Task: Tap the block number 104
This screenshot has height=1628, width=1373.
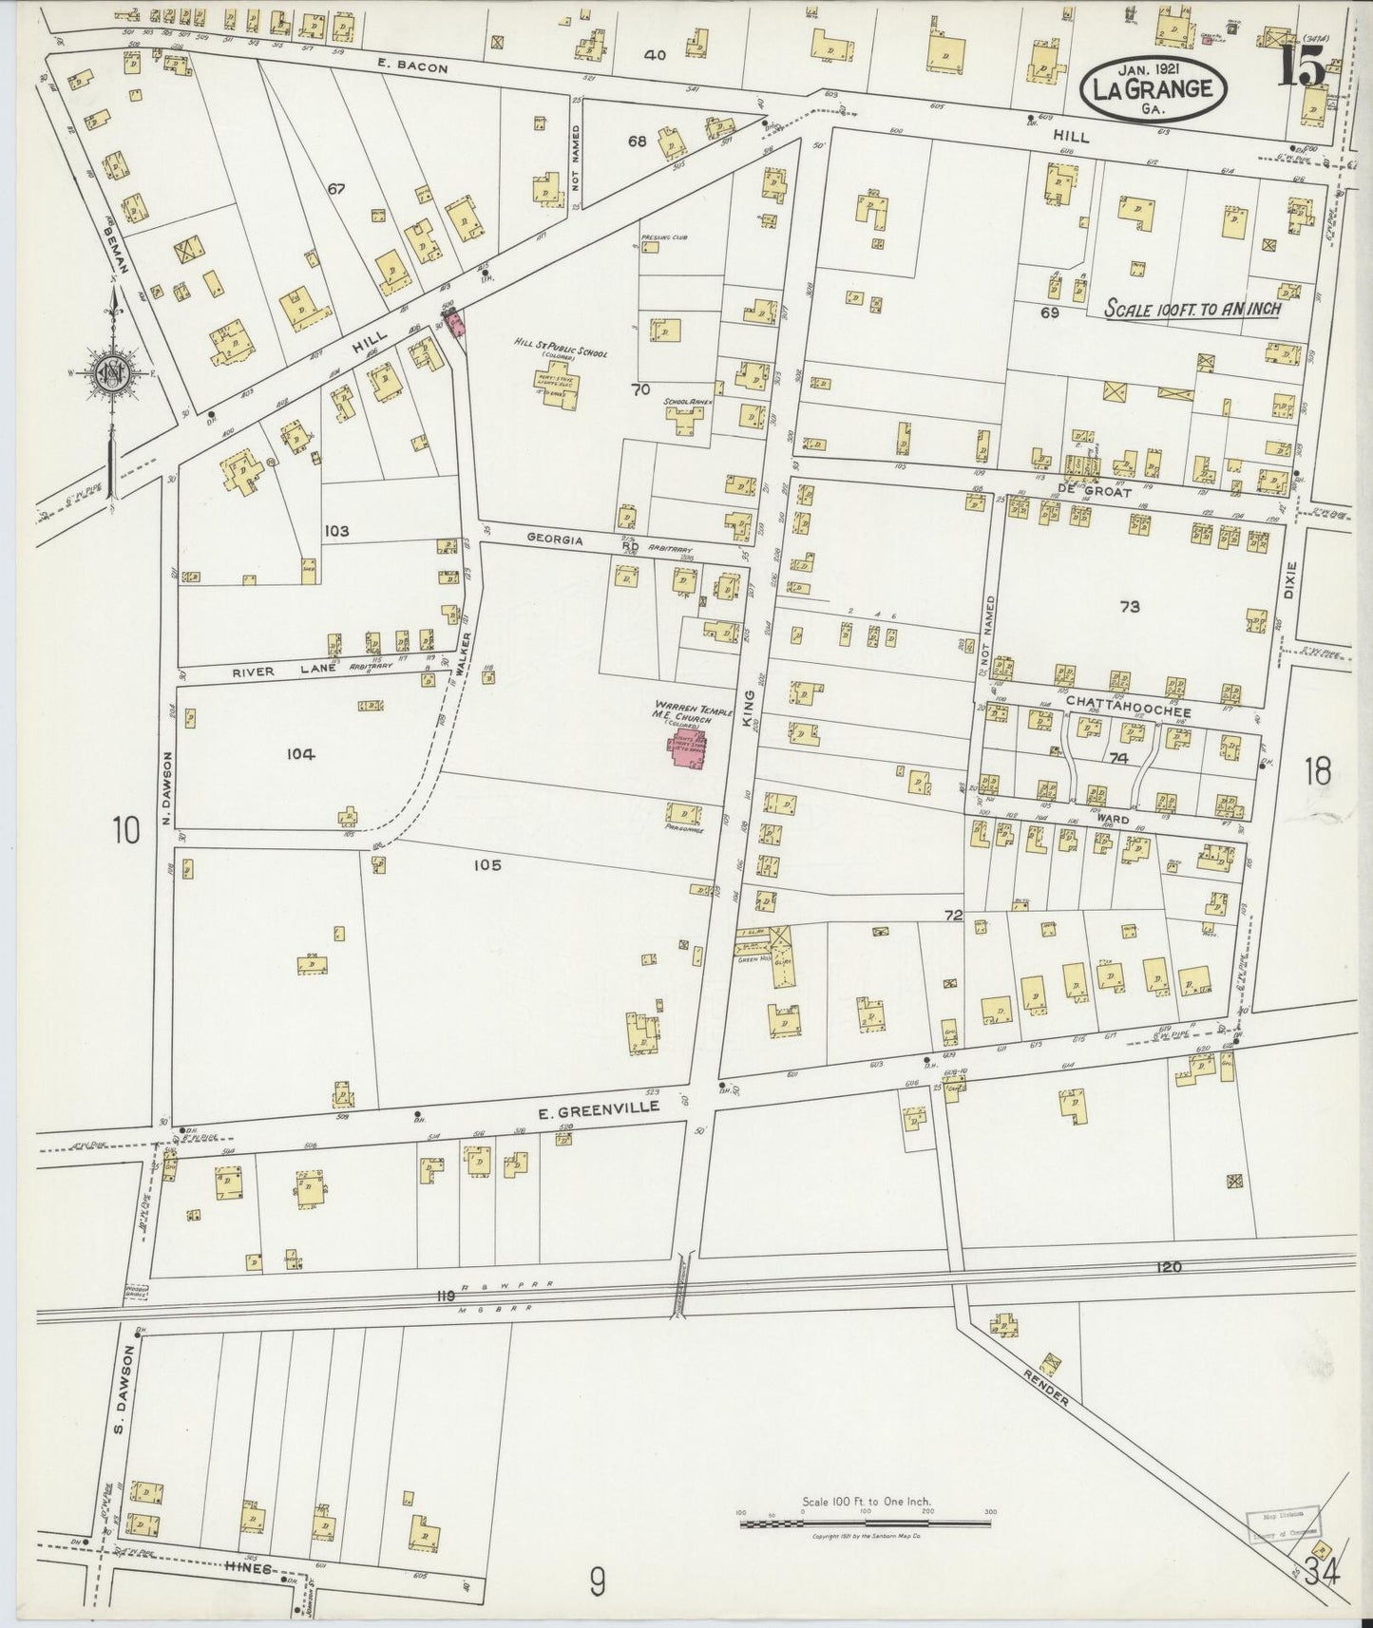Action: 299,754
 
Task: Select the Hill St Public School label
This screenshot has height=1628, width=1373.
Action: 561,353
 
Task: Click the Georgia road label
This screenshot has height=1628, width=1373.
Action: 555,539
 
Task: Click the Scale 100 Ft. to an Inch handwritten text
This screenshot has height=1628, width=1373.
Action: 1192,309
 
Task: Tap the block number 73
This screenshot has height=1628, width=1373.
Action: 1129,606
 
